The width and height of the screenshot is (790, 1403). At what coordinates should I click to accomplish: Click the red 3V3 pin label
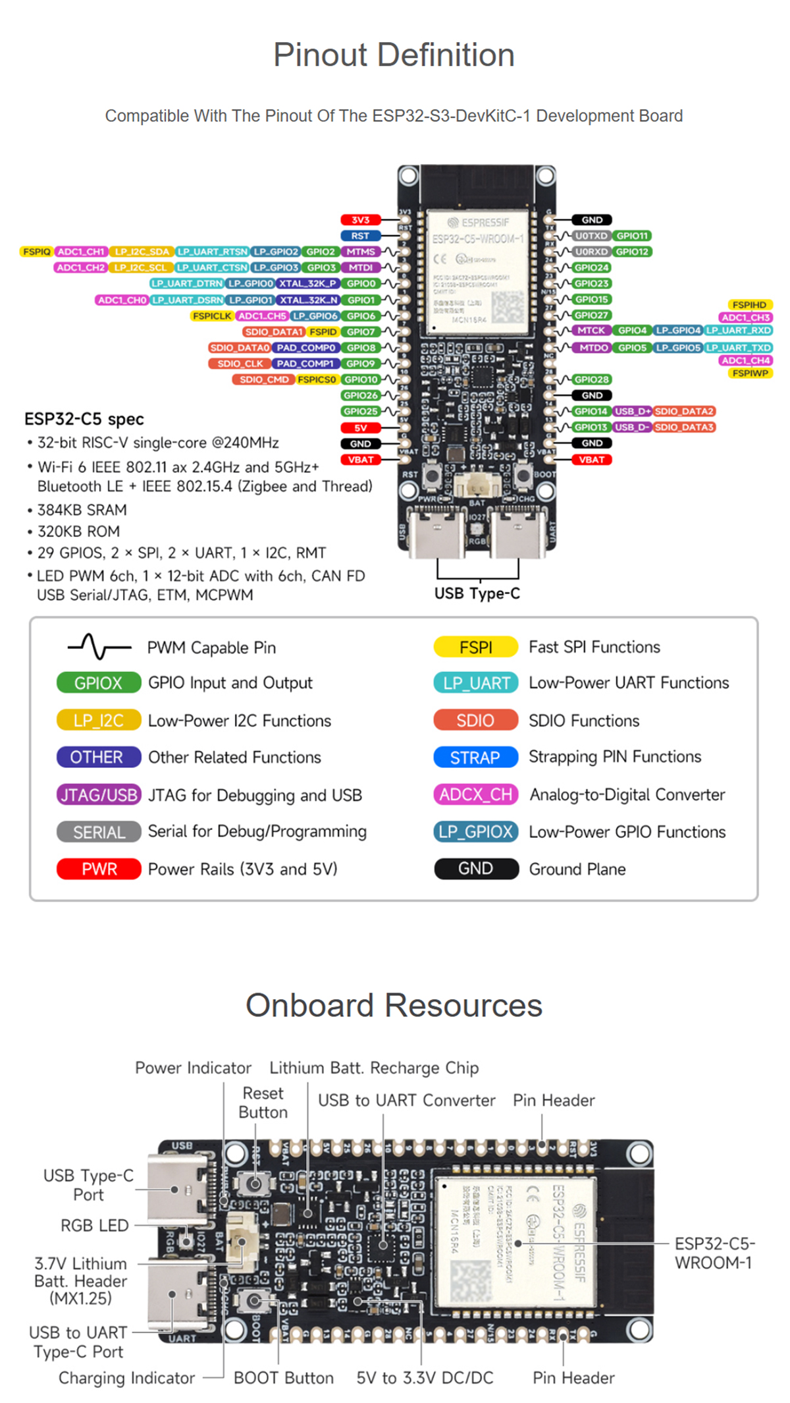(x=360, y=220)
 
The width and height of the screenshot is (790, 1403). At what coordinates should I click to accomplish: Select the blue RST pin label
(x=360, y=236)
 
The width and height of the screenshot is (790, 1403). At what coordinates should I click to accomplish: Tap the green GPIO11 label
(x=632, y=236)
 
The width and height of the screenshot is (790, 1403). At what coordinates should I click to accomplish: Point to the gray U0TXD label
(x=591, y=236)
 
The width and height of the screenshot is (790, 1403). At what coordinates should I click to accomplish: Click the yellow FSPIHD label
(x=749, y=305)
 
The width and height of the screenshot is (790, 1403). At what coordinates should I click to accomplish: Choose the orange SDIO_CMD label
(x=263, y=379)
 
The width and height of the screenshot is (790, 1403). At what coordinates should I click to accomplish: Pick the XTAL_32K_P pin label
(x=307, y=284)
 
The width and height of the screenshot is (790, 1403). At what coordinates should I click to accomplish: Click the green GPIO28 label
(x=591, y=379)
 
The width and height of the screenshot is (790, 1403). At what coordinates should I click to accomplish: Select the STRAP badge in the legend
(x=475, y=757)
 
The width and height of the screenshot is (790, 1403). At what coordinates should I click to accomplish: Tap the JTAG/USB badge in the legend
(x=99, y=795)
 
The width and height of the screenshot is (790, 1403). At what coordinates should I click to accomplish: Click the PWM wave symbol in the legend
(x=99, y=647)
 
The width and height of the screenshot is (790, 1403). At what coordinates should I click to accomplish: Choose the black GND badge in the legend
(x=475, y=869)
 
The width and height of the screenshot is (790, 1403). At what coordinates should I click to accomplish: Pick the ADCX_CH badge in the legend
(x=475, y=795)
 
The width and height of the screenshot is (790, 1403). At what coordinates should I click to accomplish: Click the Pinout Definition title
(x=394, y=55)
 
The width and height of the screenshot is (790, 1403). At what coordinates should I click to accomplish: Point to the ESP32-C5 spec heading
(x=84, y=420)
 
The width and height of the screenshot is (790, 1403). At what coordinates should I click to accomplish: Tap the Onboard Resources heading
(x=394, y=1006)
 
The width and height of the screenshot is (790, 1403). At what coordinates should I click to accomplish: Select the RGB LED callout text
(x=95, y=1225)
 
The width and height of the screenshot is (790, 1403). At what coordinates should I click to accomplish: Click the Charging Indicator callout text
(x=126, y=1378)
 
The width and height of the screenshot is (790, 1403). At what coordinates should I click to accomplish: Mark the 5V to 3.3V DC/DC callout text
(x=425, y=1378)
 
